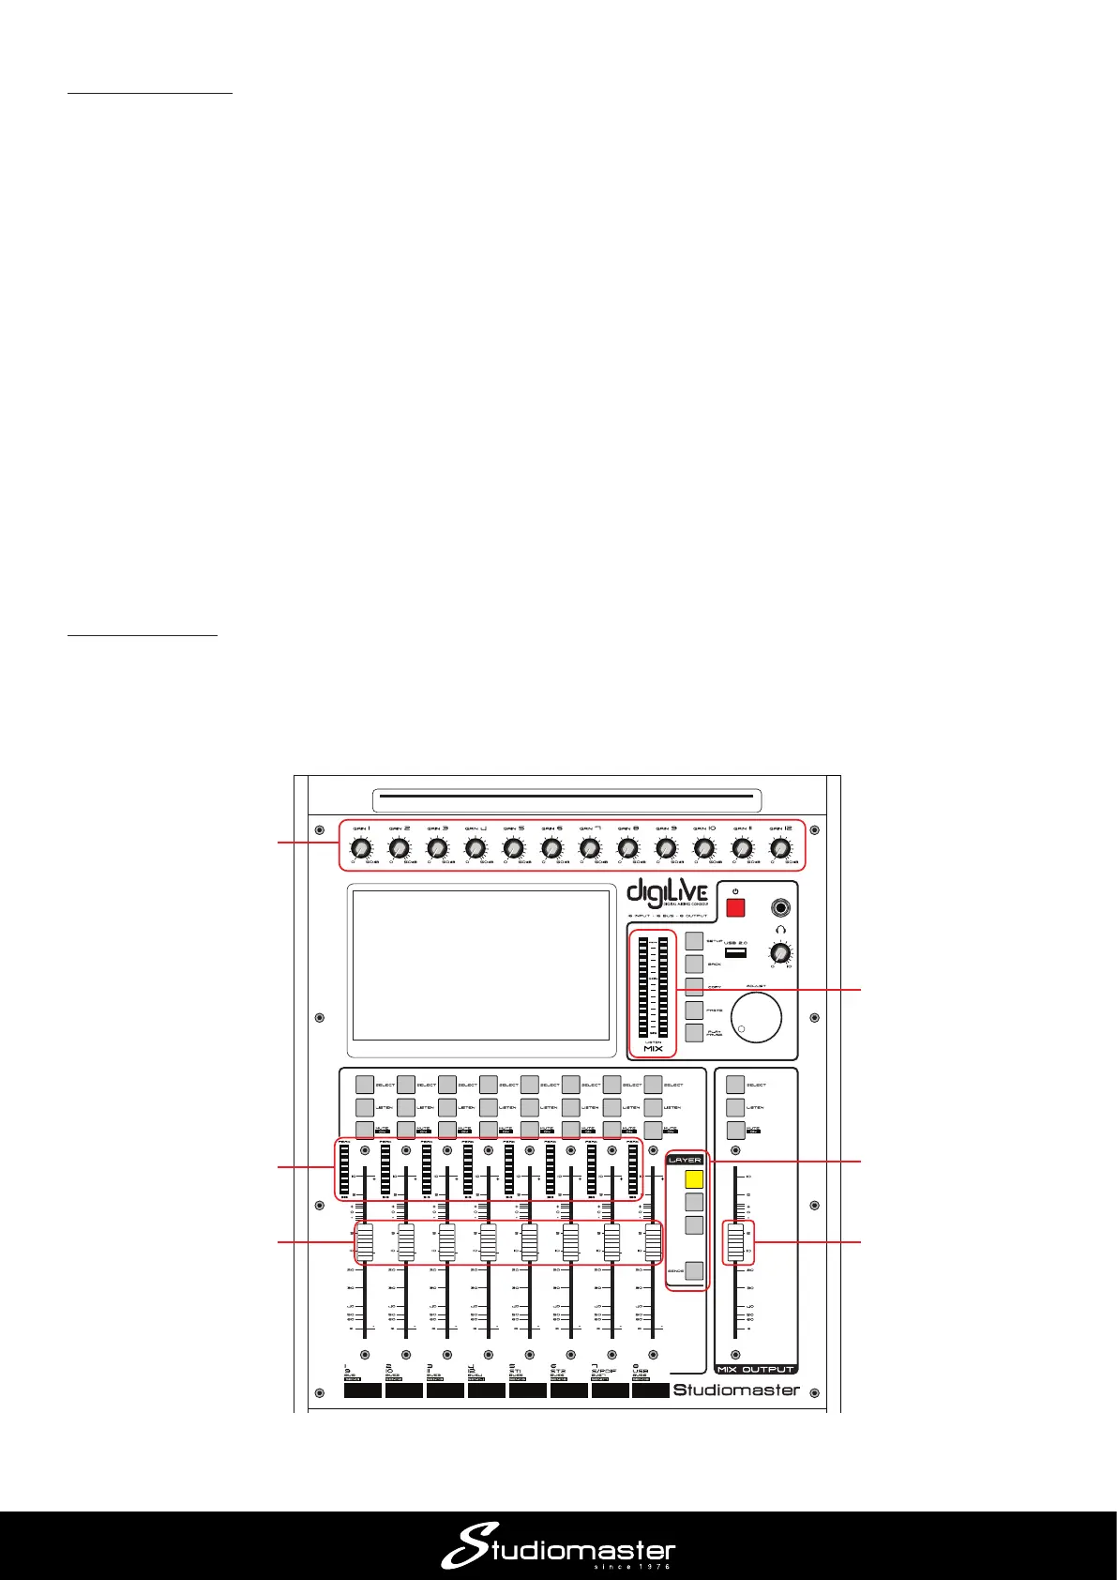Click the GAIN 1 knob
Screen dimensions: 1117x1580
361,848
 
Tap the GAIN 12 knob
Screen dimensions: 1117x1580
780,848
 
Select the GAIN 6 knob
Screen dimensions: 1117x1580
551,848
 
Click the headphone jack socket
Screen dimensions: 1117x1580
779,907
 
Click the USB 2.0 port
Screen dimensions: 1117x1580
736,952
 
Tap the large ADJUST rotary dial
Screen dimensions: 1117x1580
756,1016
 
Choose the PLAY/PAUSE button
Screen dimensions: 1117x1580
694,1033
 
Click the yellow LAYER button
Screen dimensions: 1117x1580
694,1179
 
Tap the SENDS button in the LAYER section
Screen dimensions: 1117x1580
694,1270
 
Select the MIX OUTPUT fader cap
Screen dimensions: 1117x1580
736,1242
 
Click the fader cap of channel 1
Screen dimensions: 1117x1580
365,1242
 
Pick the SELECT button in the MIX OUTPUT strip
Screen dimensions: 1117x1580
736,1085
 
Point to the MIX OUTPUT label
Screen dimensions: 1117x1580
756,1369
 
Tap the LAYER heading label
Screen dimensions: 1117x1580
686,1160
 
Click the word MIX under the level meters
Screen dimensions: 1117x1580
653,1048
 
